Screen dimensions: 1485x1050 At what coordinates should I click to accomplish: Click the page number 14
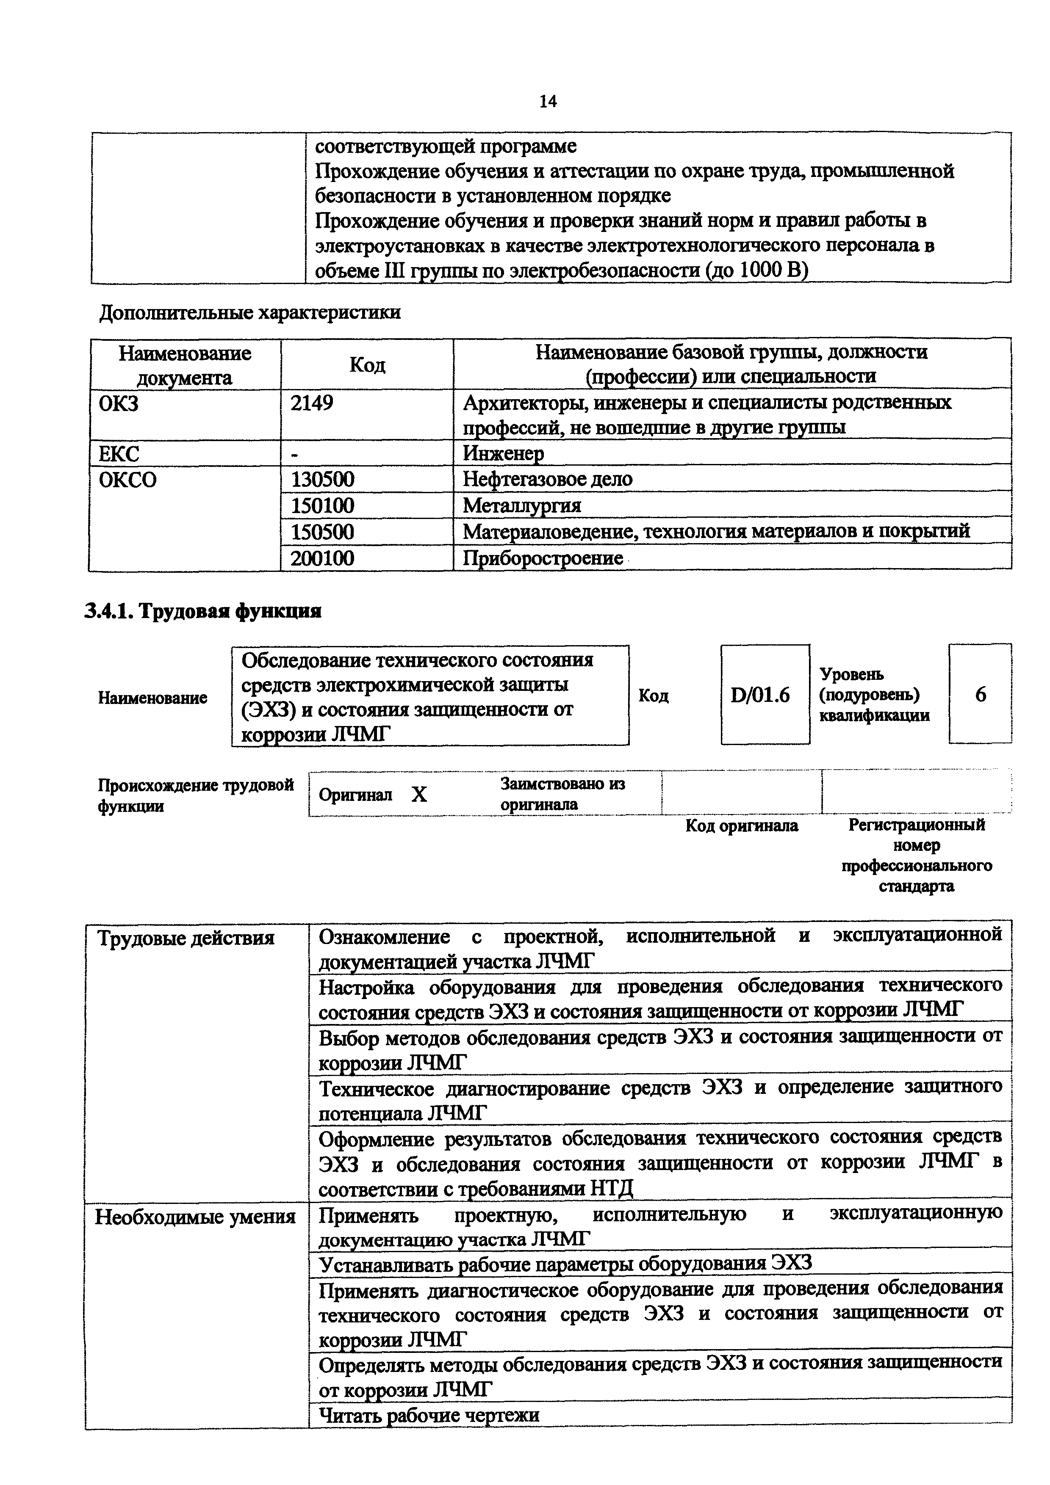(x=547, y=102)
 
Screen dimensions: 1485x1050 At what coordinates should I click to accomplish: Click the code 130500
(x=322, y=479)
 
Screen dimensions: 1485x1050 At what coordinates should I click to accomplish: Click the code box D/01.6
(x=765, y=695)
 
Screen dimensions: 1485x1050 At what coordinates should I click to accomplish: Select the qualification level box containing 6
(x=980, y=695)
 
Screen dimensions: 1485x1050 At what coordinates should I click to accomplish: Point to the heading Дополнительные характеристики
(x=250, y=313)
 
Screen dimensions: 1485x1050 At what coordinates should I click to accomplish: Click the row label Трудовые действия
(x=186, y=938)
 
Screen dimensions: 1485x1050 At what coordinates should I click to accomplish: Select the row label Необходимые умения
(x=195, y=1218)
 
